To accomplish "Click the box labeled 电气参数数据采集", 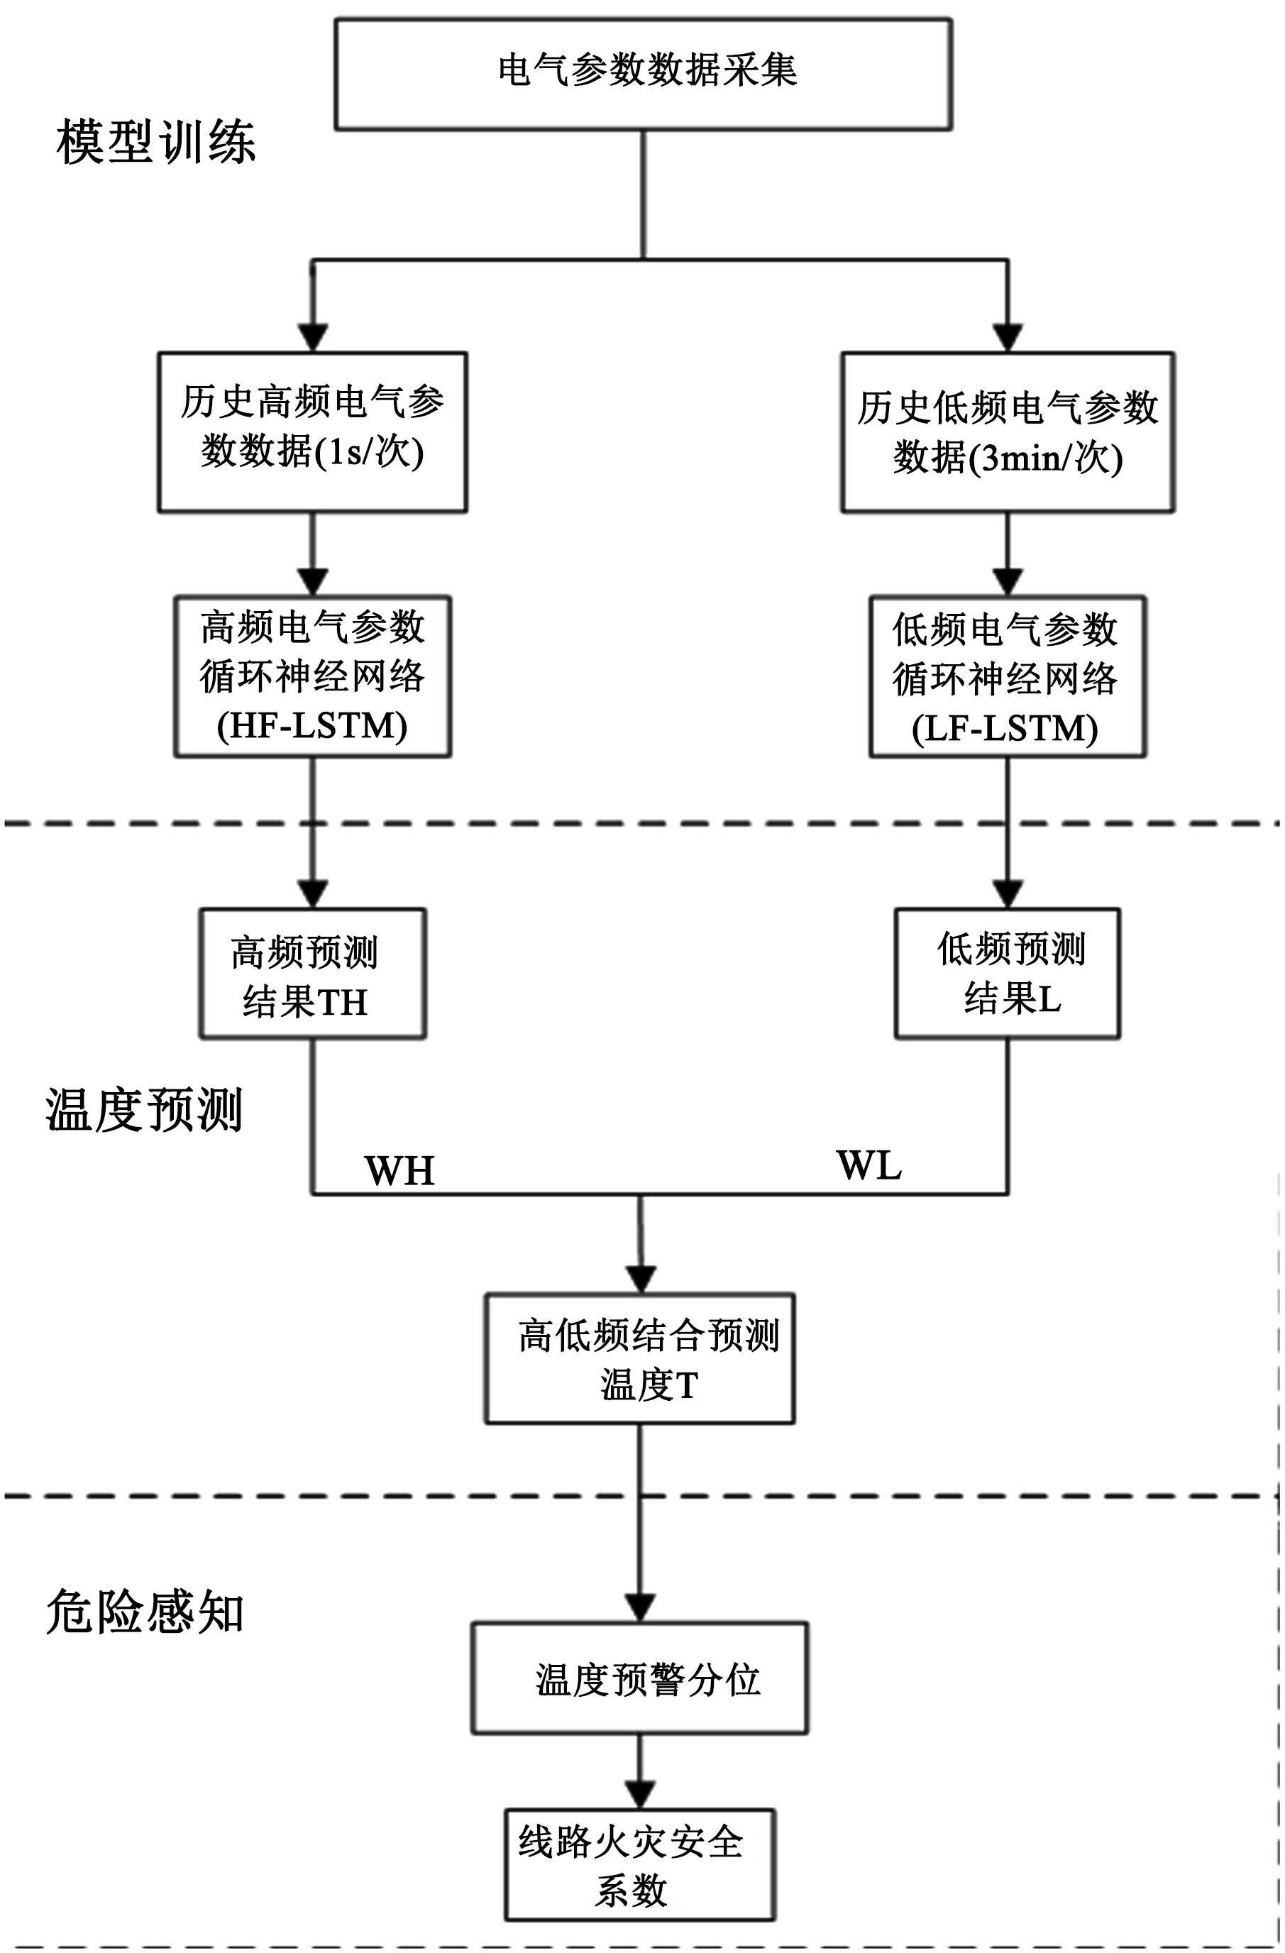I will tap(643, 75).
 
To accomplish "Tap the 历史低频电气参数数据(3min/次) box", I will tap(1007, 432).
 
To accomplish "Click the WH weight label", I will tap(399, 1170).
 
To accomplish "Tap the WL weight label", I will tap(868, 1165).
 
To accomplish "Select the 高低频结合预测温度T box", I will tap(639, 1358).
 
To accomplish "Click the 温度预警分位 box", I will tap(639, 1677).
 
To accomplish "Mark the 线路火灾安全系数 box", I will tap(639, 1865).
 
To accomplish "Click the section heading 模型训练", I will tap(156, 142).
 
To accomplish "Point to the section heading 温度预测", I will tap(143, 1110).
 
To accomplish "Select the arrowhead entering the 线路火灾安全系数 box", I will tap(639, 1795).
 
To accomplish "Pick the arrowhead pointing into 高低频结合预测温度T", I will tap(640, 1280).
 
